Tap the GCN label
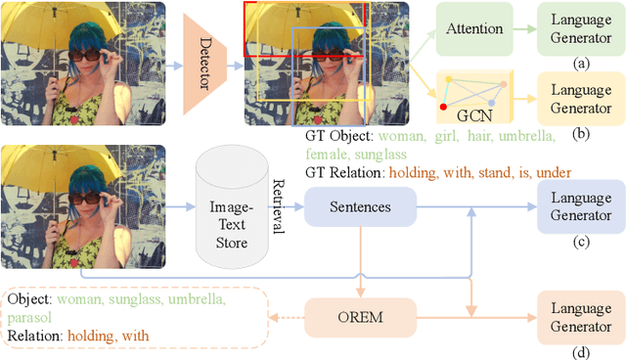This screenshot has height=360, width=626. point(464,114)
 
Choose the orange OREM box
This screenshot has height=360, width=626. point(359,315)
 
